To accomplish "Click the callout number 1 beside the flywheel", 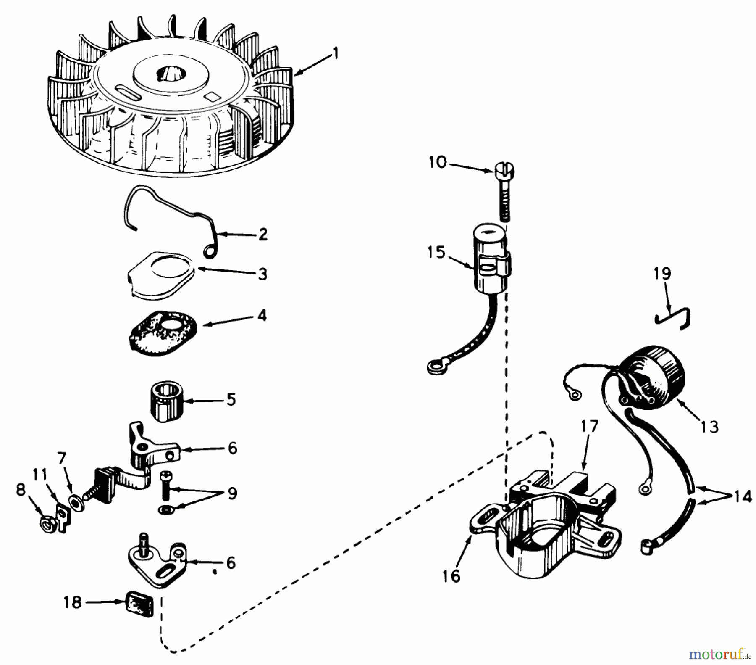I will tap(335, 55).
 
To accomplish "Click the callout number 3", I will tap(262, 274).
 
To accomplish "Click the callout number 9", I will tap(232, 493).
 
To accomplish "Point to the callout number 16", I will tap(451, 575).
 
